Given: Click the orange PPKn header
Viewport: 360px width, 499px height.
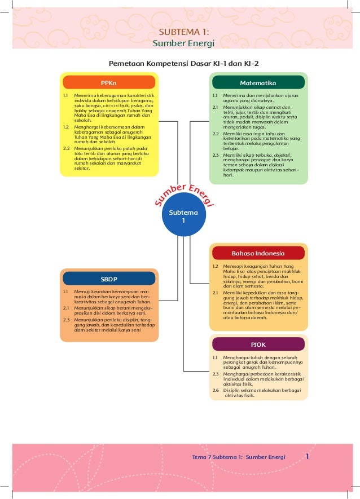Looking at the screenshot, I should tap(107, 83).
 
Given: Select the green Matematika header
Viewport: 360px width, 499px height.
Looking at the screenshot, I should tap(258, 83).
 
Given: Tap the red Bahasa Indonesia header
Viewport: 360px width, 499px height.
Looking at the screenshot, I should tap(258, 253).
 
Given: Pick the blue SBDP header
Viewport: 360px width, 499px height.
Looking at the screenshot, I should tap(108, 279).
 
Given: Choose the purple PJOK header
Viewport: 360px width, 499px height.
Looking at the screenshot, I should tap(258, 344).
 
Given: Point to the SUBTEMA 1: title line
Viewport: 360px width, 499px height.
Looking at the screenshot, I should tap(185, 32).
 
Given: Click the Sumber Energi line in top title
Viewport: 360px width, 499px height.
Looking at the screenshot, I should tap(185, 43).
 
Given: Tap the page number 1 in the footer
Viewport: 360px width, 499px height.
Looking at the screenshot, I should tap(308, 456).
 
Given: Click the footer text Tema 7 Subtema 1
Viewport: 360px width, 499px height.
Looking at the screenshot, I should tap(239, 457).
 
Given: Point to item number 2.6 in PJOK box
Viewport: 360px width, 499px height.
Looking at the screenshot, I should tap(216, 390).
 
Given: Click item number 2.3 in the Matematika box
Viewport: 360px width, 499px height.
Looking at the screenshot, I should tap(216, 154).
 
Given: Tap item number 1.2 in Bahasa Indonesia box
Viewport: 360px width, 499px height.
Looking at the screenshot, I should tap(216, 265).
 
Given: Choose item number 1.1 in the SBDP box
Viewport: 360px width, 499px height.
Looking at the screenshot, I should tap(66, 291).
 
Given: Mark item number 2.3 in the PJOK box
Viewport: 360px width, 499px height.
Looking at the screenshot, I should tap(216, 373).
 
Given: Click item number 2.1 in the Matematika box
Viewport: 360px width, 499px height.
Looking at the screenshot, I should tap(216, 107).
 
